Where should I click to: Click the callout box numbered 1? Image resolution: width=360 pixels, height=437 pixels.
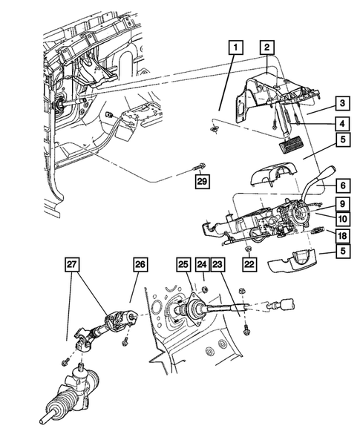(x=235, y=48)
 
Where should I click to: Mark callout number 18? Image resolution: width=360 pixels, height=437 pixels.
(x=341, y=236)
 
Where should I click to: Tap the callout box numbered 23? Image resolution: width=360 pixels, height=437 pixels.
(x=217, y=263)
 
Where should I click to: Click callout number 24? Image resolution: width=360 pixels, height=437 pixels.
(x=200, y=263)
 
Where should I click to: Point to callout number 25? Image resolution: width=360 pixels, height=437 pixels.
(x=183, y=263)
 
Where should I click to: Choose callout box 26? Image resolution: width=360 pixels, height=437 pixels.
(x=141, y=263)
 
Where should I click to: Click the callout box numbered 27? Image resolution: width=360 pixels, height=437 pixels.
(x=72, y=263)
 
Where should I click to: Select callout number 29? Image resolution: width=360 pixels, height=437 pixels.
(x=200, y=180)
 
